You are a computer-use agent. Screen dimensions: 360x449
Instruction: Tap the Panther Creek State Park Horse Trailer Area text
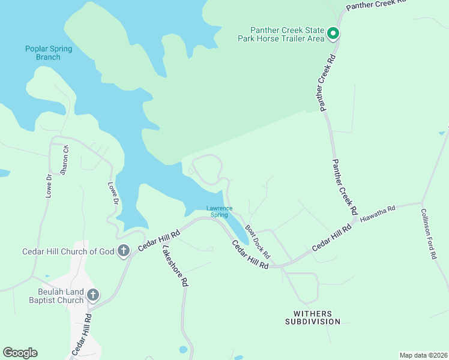tap(288, 34)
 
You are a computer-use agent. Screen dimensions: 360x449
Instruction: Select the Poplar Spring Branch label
tap(43, 53)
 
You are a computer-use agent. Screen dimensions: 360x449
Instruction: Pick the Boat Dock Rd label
tap(258, 242)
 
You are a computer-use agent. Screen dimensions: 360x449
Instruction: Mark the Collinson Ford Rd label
tap(428, 233)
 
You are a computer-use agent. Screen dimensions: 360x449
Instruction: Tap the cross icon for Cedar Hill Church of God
tap(124, 251)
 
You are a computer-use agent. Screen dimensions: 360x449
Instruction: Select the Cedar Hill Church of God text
tap(68, 251)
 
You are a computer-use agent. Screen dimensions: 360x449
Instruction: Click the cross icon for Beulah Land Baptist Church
tap(92, 295)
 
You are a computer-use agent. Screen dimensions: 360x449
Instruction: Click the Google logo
tap(20, 353)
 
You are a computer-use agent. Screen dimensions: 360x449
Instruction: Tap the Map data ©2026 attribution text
tap(423, 355)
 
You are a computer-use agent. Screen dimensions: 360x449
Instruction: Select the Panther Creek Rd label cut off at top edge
tap(376, 4)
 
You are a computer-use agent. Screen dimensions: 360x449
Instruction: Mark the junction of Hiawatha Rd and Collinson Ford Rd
tap(423, 203)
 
